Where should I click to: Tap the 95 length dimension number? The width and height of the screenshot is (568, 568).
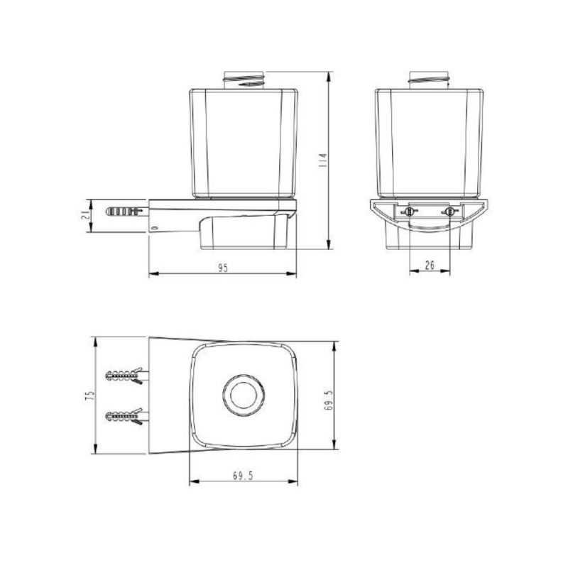pyautogui.click(x=222, y=268)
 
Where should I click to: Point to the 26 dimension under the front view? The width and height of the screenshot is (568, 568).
pyautogui.click(x=430, y=264)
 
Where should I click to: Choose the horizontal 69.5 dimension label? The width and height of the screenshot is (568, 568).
pyautogui.click(x=242, y=476)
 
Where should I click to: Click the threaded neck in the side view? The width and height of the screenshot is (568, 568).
pyautogui.click(x=244, y=80)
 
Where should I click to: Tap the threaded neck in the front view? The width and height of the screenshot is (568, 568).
pyautogui.click(x=429, y=80)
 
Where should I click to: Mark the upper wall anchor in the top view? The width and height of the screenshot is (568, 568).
pyautogui.click(x=126, y=376)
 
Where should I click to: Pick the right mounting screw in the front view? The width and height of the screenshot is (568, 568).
pyautogui.click(x=449, y=212)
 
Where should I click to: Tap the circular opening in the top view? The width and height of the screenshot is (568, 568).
pyautogui.click(x=242, y=395)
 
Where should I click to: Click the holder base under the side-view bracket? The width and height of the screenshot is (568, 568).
pyautogui.click(x=245, y=234)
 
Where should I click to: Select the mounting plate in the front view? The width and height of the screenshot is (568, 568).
pyautogui.click(x=429, y=212)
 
